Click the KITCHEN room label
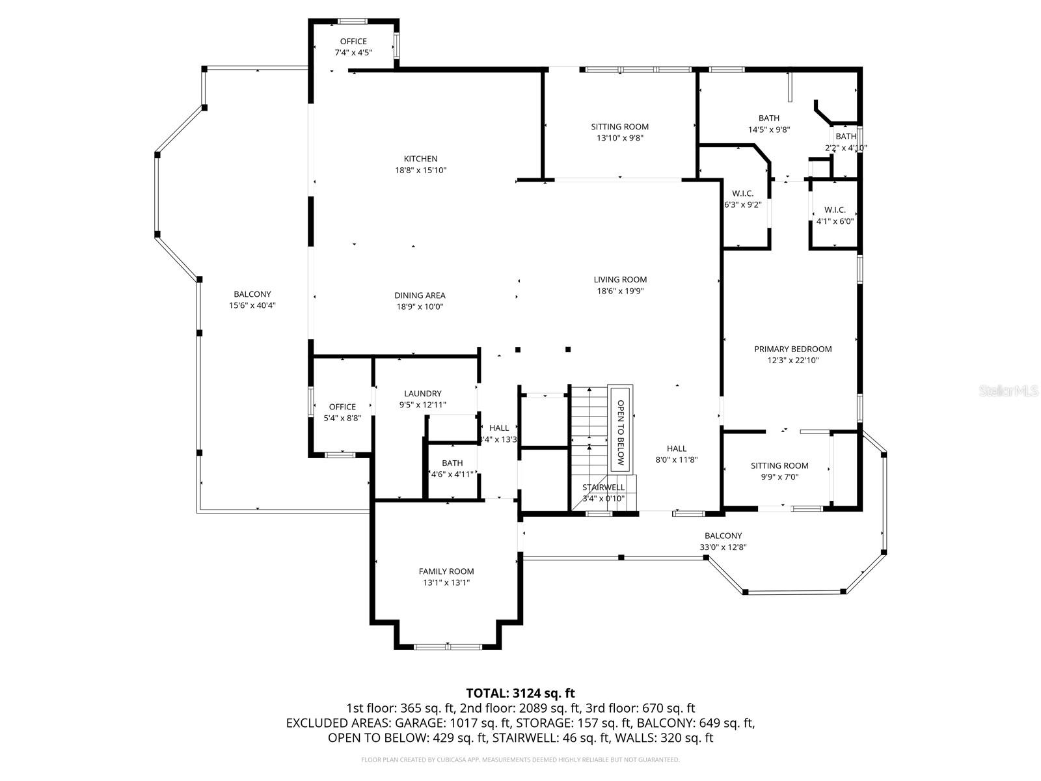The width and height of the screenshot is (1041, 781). pyautogui.click(x=420, y=159)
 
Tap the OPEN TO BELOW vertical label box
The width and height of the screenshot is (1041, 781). pyautogui.click(x=620, y=427)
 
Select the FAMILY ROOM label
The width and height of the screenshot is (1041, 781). pyautogui.click(x=446, y=571)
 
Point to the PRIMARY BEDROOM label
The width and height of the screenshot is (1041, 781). pyautogui.click(x=792, y=349)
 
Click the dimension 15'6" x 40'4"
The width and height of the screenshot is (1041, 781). pyautogui.click(x=252, y=306)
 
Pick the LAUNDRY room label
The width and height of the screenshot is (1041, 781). pyautogui.click(x=422, y=393)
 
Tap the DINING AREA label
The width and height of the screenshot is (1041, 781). pyautogui.click(x=420, y=295)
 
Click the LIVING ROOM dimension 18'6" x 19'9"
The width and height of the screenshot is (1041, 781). pyautogui.click(x=620, y=292)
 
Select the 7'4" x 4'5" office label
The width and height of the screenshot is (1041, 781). pyautogui.click(x=353, y=53)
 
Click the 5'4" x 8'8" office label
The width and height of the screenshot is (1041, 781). pyautogui.click(x=342, y=418)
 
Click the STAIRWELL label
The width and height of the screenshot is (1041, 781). pyautogui.click(x=603, y=487)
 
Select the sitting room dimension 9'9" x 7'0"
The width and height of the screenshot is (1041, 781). pyautogui.click(x=779, y=477)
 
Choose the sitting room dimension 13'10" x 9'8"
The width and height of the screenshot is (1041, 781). pyautogui.click(x=620, y=138)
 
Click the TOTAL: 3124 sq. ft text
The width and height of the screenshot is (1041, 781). pyautogui.click(x=520, y=693)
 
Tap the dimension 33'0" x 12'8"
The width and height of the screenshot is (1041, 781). pyautogui.click(x=723, y=547)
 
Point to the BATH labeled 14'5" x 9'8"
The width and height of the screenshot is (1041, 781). pyautogui.click(x=769, y=118)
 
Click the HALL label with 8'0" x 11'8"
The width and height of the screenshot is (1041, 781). pyautogui.click(x=677, y=448)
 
